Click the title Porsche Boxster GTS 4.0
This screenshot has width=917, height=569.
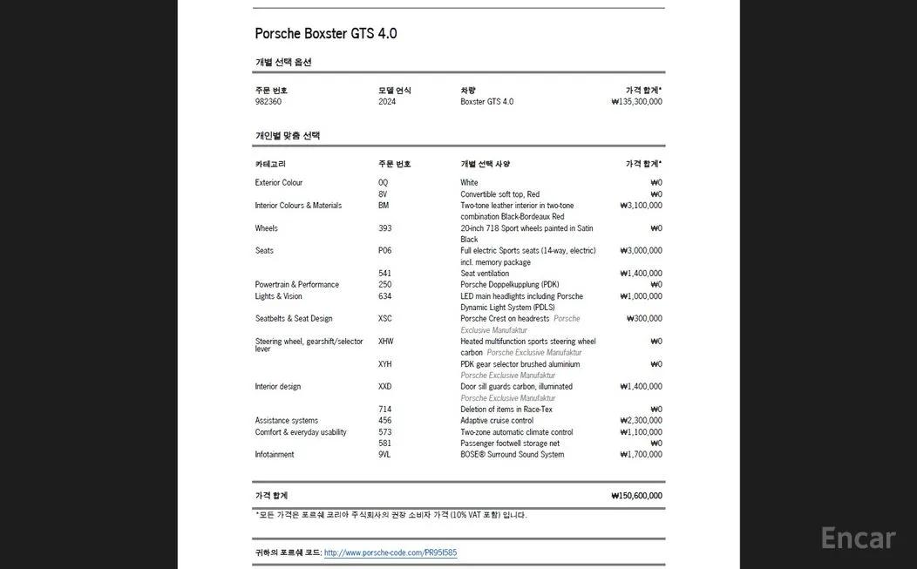(x=325, y=34)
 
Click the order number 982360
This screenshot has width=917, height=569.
(x=268, y=102)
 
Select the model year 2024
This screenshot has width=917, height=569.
(x=387, y=102)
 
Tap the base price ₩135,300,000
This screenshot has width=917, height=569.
(x=636, y=102)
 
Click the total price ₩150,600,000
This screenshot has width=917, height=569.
(x=636, y=496)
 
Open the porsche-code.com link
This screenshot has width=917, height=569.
(x=391, y=552)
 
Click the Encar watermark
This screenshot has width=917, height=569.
(x=859, y=539)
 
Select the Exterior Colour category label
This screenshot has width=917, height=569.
(x=279, y=183)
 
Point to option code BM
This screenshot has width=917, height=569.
(x=384, y=206)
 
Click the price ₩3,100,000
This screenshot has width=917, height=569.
(x=641, y=206)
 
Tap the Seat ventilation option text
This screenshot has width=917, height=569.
(x=485, y=274)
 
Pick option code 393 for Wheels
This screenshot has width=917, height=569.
(x=385, y=228)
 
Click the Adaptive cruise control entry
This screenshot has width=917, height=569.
(x=497, y=421)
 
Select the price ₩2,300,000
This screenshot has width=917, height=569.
(x=641, y=421)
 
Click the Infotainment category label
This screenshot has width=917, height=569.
(x=275, y=455)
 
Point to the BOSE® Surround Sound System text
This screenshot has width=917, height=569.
(x=512, y=455)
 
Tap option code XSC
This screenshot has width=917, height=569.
(x=385, y=319)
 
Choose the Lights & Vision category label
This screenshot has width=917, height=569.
(x=279, y=296)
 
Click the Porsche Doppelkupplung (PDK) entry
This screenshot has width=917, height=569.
(x=510, y=285)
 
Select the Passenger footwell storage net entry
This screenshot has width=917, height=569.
(x=510, y=444)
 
